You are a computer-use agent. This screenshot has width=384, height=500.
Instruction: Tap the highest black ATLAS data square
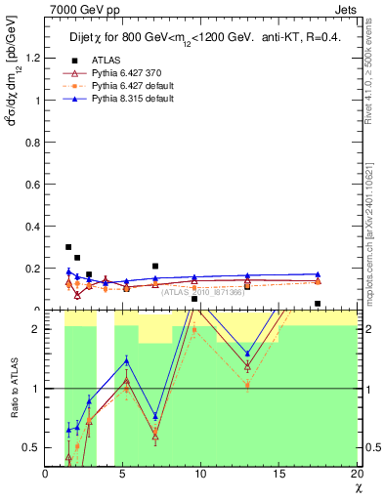point(68,247)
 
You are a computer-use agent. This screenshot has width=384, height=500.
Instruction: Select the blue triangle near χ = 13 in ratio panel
point(247,354)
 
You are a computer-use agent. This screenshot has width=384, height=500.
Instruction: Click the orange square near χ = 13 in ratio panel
point(247,385)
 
